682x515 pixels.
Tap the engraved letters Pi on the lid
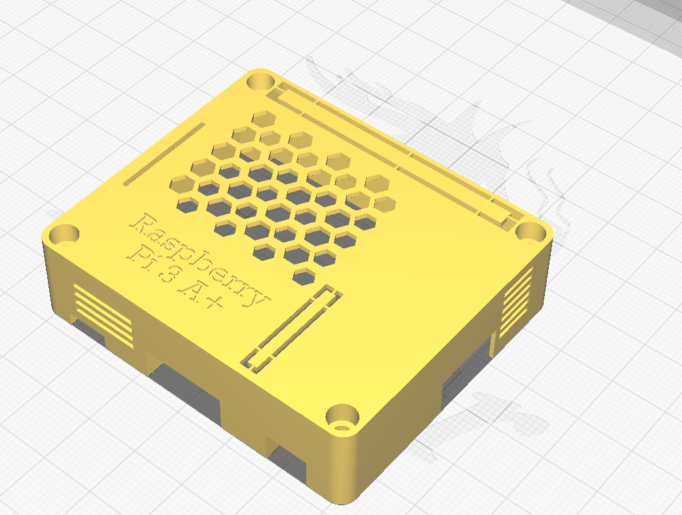142,255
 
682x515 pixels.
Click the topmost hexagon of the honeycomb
264,119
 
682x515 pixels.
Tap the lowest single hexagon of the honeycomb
302,276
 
